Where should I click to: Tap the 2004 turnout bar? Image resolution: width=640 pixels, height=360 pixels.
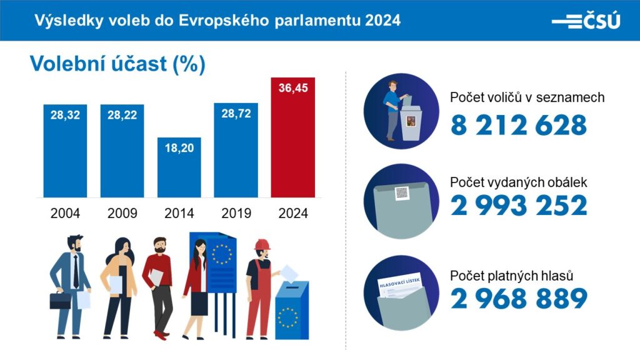(x=65, y=156)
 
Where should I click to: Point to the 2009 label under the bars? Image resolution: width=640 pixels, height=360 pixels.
(x=122, y=213)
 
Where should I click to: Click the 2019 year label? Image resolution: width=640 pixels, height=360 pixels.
(x=236, y=213)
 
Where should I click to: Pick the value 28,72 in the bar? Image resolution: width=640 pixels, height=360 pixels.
(x=236, y=116)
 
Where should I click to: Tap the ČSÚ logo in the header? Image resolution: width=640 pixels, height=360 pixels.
(x=586, y=21)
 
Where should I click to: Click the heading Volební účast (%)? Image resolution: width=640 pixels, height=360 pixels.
(x=117, y=64)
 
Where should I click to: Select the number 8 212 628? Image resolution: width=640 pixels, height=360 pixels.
(x=519, y=125)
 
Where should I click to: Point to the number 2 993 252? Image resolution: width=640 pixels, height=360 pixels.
(x=519, y=205)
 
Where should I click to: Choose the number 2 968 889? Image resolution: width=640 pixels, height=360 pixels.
(x=519, y=299)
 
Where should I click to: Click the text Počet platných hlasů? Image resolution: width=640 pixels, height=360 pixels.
(x=512, y=276)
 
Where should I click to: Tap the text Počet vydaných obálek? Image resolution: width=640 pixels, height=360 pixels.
(x=518, y=182)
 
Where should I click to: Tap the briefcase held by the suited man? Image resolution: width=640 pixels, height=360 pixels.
(x=61, y=301)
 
